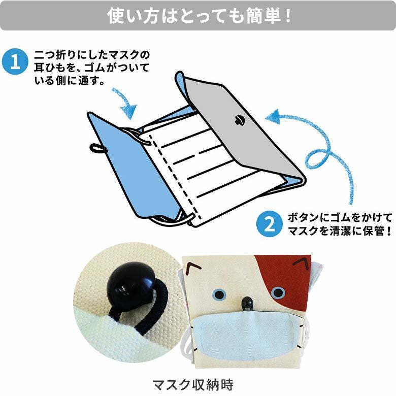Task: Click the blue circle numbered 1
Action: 15,61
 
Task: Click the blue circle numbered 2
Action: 270,224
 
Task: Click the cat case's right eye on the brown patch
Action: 278,293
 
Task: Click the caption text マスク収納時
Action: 193,384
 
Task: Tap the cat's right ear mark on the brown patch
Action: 301,263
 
